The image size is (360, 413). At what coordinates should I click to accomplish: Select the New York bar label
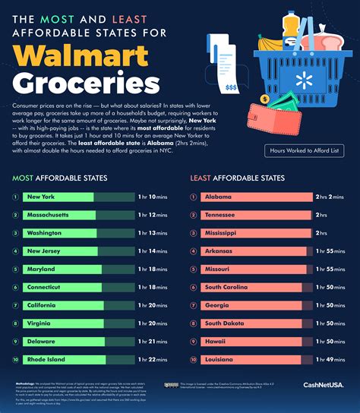(x=43, y=197)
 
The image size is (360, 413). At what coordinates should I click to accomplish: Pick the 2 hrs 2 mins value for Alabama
(x=330, y=197)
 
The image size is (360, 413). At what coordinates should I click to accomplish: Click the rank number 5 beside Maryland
(x=15, y=269)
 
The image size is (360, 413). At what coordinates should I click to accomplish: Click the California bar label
(x=44, y=305)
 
